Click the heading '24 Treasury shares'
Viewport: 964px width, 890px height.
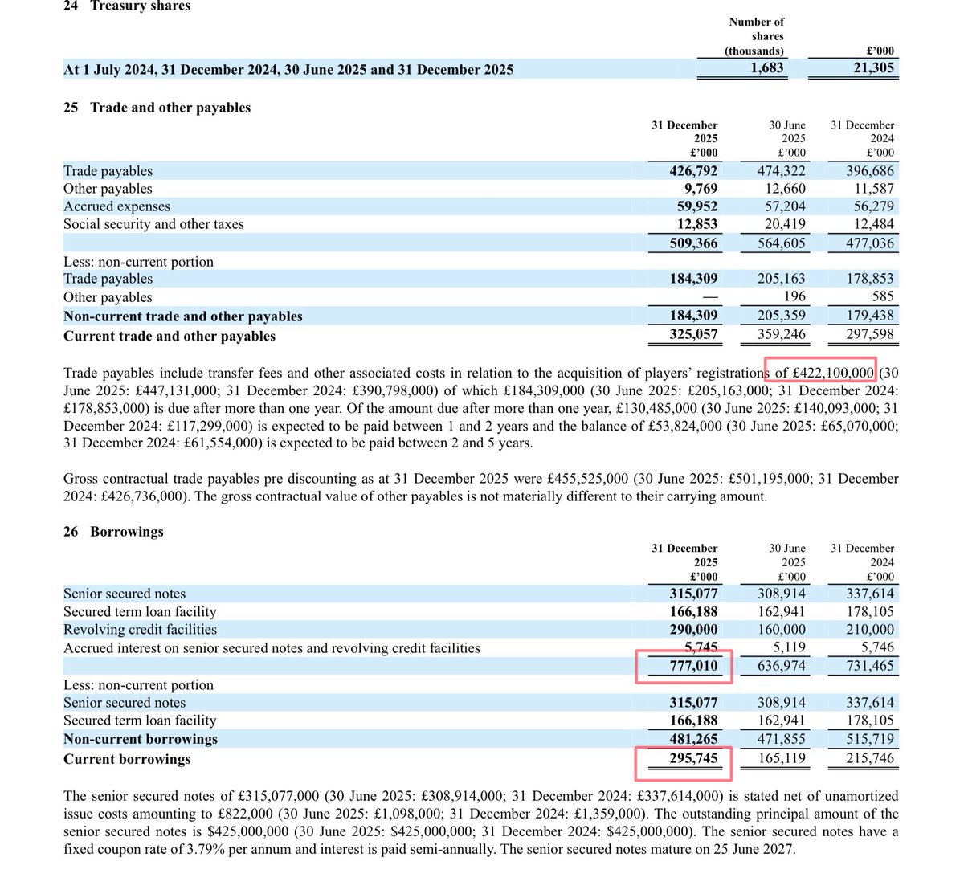click(x=127, y=6)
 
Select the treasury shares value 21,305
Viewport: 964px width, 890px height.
click(x=873, y=68)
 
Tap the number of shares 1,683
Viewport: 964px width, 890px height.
click(x=767, y=68)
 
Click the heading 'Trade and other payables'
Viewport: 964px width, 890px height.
click(x=170, y=108)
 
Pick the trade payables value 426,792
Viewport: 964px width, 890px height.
click(x=693, y=171)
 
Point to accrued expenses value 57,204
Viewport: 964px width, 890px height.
click(x=781, y=206)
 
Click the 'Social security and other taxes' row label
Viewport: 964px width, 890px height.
click(x=153, y=224)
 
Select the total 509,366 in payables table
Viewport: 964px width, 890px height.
click(x=693, y=243)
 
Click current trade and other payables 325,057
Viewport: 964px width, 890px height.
click(x=693, y=335)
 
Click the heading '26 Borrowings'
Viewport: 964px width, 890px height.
click(x=113, y=532)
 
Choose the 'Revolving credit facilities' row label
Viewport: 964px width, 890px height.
click(x=140, y=630)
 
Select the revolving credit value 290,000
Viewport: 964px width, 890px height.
click(x=693, y=630)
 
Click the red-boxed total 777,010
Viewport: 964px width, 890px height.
click(x=693, y=666)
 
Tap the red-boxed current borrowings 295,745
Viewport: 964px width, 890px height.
click(x=693, y=758)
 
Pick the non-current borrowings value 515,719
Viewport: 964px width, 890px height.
click(x=869, y=739)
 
